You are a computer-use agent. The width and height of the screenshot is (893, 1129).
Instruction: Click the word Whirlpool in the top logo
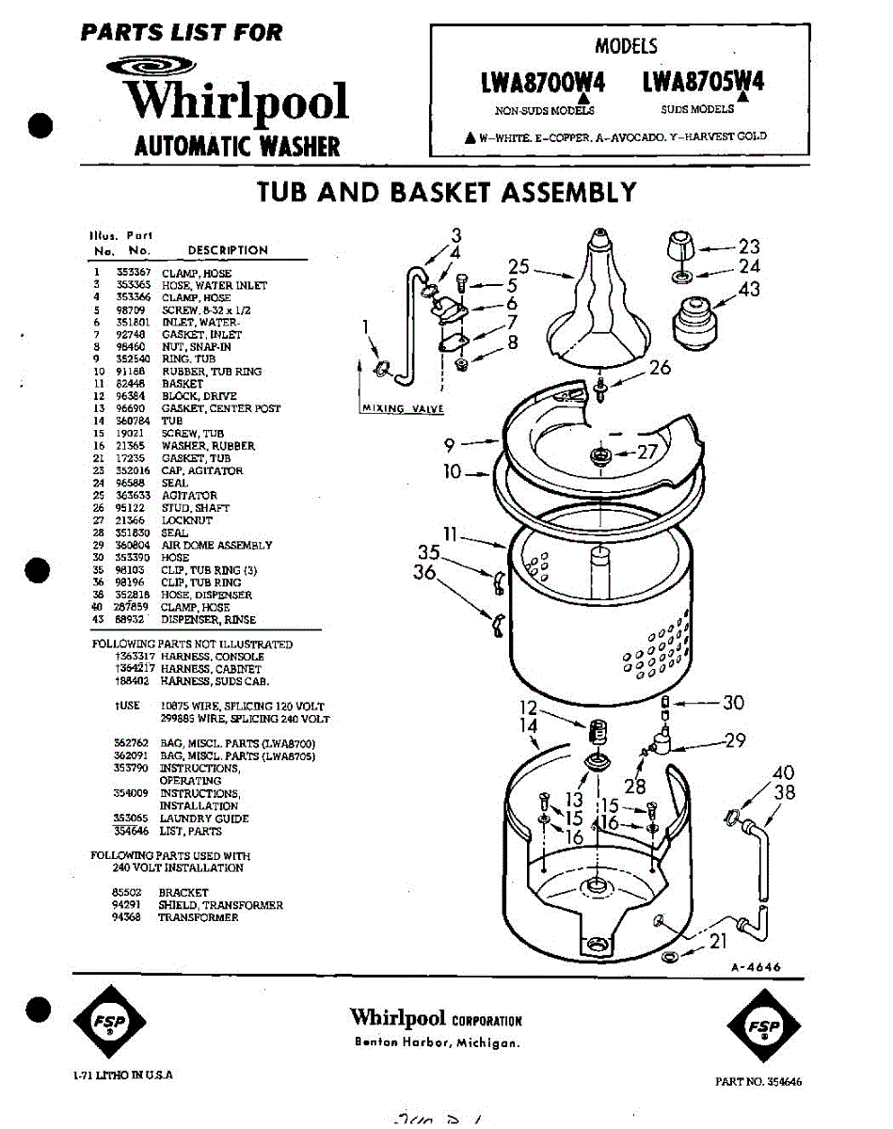coord(239,101)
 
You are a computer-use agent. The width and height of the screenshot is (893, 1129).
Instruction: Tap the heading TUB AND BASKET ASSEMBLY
coord(446,192)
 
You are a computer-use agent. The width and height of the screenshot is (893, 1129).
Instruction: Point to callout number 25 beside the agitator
coord(519,267)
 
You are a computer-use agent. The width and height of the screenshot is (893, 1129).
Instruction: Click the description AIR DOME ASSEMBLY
coord(216,546)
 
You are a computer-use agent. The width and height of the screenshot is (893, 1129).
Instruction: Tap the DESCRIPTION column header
coord(228,250)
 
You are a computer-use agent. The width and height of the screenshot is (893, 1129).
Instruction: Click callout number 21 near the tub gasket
coord(717,941)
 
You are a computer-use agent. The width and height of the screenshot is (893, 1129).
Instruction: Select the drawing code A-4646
coord(756,967)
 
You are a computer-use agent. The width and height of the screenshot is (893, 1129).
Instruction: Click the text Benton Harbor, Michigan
coord(436,1042)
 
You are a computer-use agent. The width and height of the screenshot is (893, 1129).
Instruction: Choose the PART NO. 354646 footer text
coord(757,1082)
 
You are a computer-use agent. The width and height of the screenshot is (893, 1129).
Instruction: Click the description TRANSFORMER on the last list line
coord(198,917)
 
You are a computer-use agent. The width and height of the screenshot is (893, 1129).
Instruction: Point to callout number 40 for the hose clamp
coord(784,774)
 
